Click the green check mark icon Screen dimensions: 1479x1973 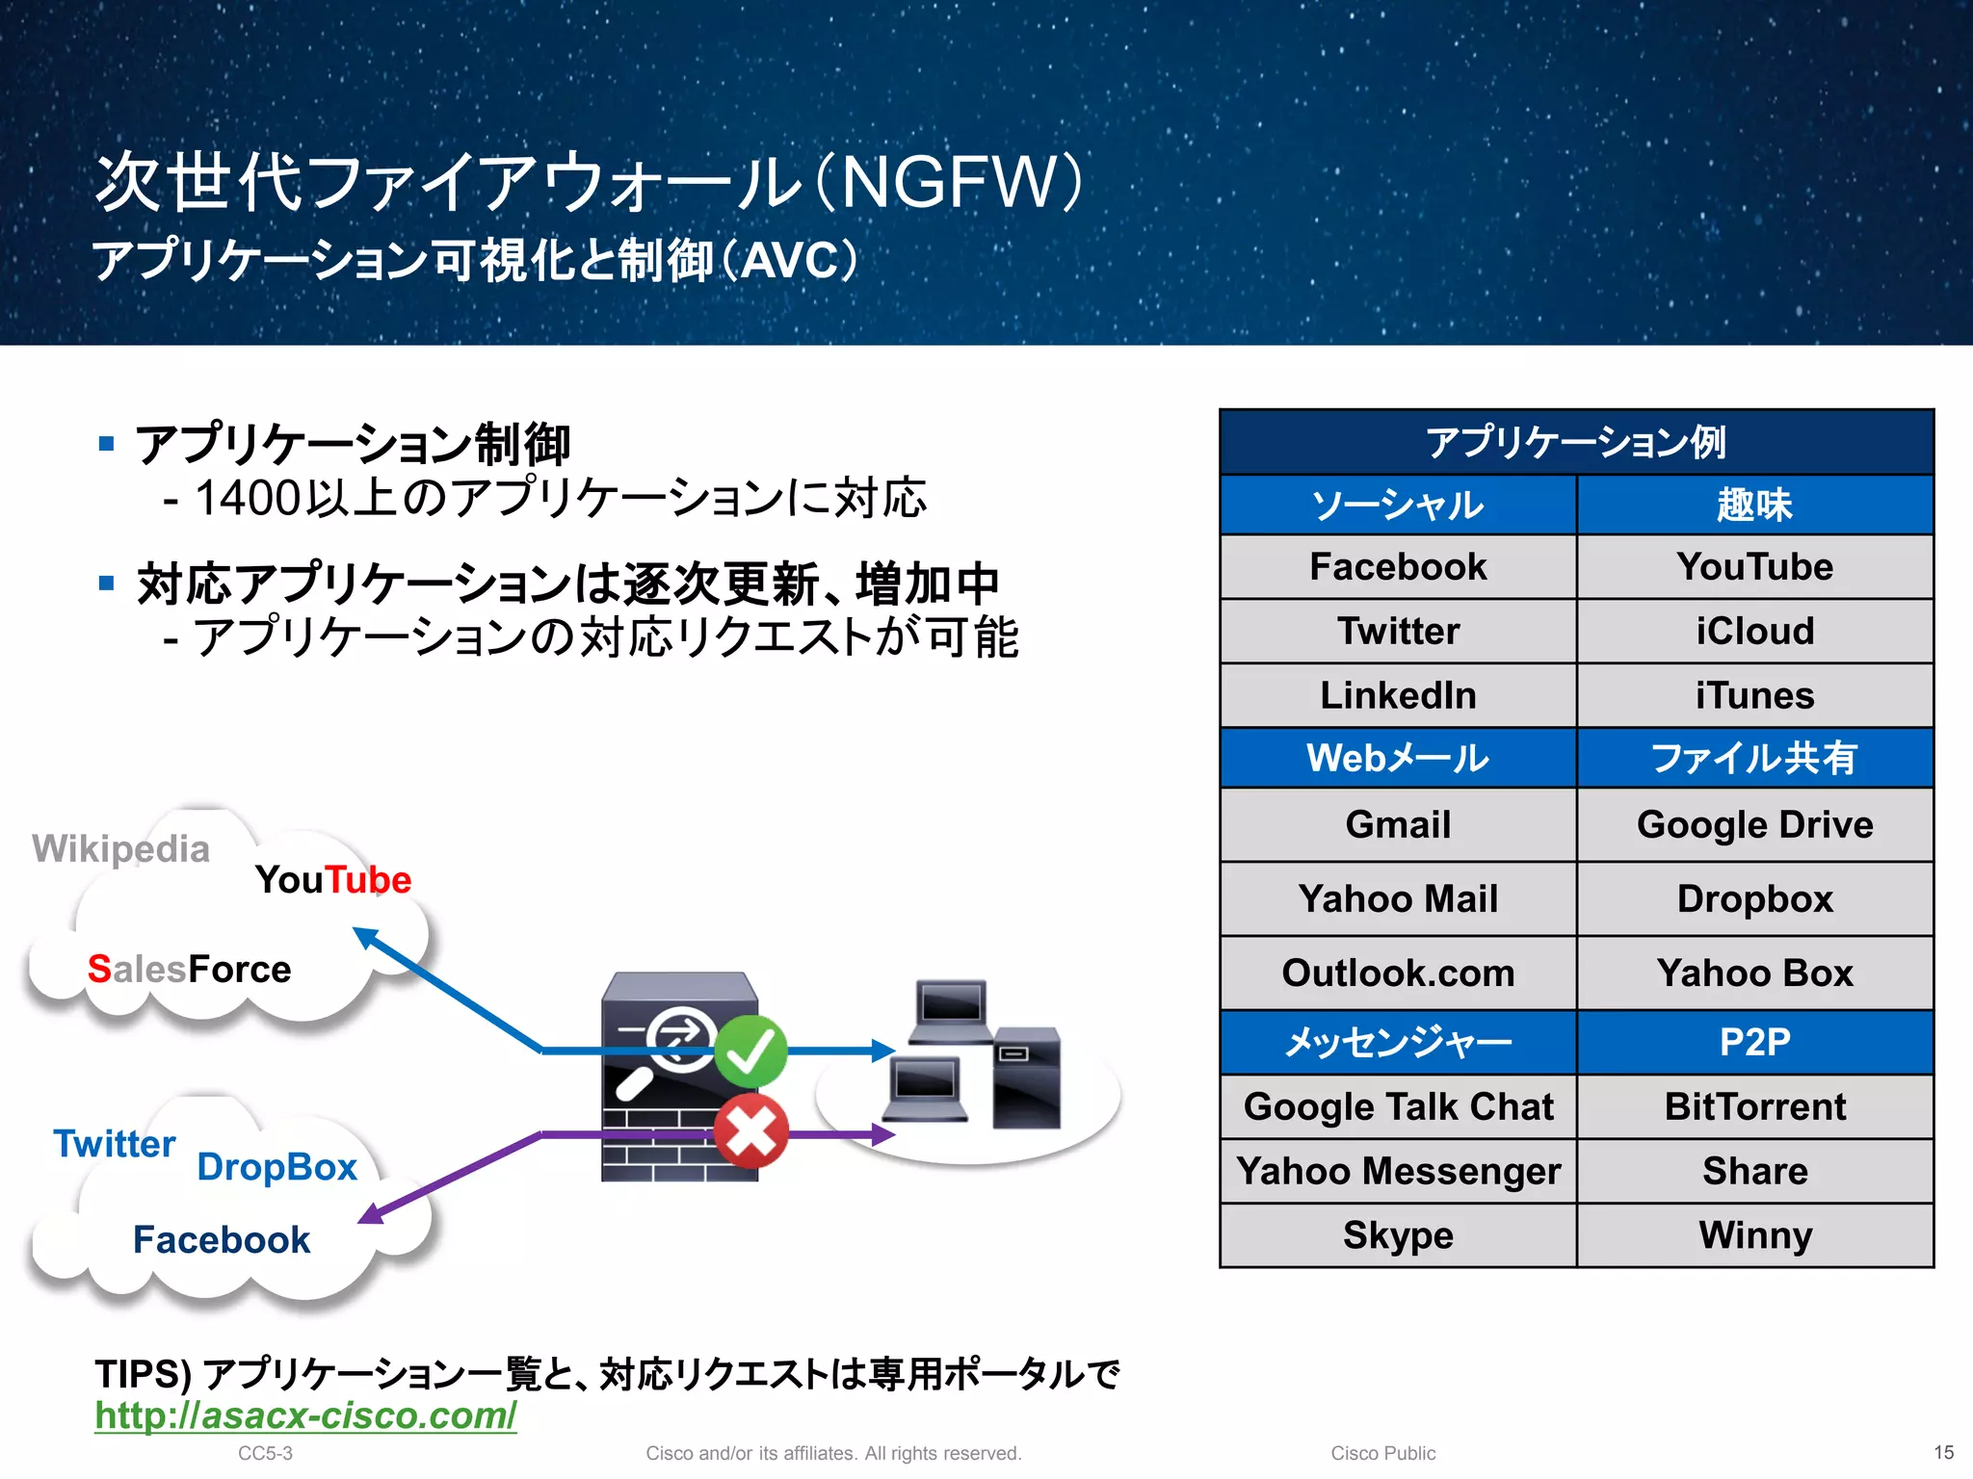coord(750,1051)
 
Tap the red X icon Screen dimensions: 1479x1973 coord(750,1130)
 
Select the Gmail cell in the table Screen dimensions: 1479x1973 coord(1398,825)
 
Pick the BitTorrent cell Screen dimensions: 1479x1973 coord(1754,1107)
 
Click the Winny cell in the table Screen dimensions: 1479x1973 coord(1754,1235)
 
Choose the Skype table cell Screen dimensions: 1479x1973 coord(1398,1235)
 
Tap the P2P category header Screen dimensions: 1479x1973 coord(1754,1043)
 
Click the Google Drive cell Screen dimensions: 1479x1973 coord(1754,825)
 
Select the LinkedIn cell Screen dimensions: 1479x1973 coord(1398,695)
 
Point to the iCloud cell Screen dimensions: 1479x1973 coord(1754,632)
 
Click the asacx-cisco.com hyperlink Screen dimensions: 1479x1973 coord(305,1415)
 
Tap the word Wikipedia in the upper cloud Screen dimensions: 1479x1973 coord(120,849)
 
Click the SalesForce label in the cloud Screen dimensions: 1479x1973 coord(189,970)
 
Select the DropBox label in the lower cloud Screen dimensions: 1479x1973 coord(276,1167)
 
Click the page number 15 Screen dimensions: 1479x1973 coord(1943,1452)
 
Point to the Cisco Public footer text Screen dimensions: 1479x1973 coord(1382,1453)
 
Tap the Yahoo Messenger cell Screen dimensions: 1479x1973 coord(1398,1172)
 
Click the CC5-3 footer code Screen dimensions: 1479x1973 coord(265,1453)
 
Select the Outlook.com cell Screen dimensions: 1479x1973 coord(1398,973)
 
